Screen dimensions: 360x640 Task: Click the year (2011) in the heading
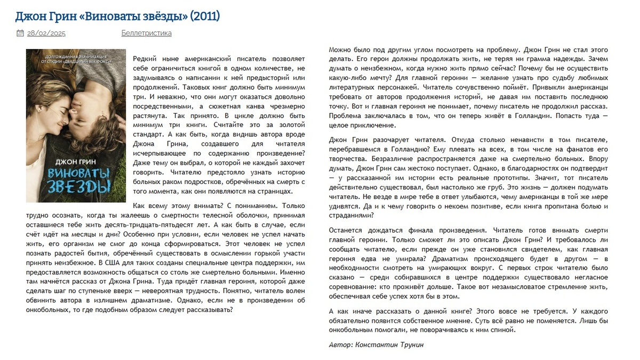tap(204, 16)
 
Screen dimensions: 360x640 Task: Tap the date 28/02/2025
tap(46, 33)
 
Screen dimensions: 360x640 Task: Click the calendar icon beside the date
tap(20, 33)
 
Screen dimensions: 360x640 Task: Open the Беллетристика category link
tap(146, 33)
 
